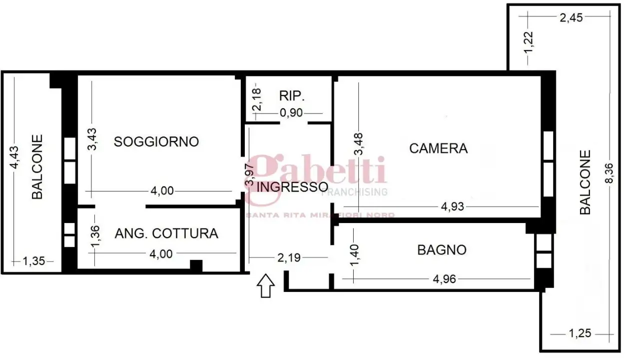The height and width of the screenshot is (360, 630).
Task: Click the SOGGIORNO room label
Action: click(x=156, y=141)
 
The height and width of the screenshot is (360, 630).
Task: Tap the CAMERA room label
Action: click(x=438, y=148)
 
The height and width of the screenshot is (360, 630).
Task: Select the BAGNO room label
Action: click(x=442, y=249)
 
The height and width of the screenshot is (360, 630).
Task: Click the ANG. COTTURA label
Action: click(x=166, y=233)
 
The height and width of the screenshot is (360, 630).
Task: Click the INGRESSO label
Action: click(x=292, y=187)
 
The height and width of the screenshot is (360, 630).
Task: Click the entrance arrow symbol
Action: click(x=266, y=286)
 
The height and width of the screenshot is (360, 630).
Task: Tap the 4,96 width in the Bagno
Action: click(x=443, y=279)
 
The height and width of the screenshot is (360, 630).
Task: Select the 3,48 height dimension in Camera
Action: click(x=359, y=143)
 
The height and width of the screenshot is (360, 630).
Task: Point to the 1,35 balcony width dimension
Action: click(x=33, y=260)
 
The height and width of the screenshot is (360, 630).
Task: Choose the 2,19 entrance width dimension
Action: click(x=289, y=257)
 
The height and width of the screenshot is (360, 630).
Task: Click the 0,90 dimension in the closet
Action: click(x=291, y=112)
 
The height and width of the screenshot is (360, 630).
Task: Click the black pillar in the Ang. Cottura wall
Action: click(x=196, y=265)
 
